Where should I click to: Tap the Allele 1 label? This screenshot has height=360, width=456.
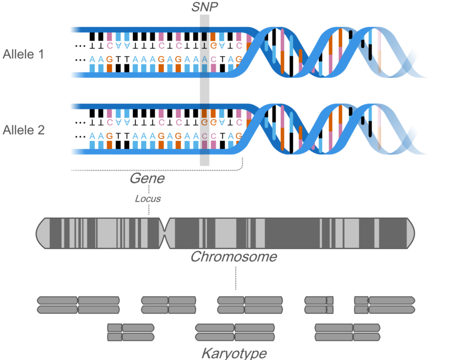(23, 55)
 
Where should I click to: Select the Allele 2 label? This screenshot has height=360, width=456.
(23, 130)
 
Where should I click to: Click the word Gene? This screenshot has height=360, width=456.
(147, 179)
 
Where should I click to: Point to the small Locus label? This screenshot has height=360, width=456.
(148, 198)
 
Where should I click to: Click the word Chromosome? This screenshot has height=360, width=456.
(234, 257)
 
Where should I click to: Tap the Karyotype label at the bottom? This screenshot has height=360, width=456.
(234, 354)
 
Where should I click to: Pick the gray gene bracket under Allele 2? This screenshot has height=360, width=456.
(156, 170)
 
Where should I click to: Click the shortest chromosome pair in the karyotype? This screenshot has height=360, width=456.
(319, 305)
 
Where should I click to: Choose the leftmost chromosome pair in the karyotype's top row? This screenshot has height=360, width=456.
(78, 305)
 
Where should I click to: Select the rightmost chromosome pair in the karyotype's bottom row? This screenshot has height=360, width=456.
(348, 332)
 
